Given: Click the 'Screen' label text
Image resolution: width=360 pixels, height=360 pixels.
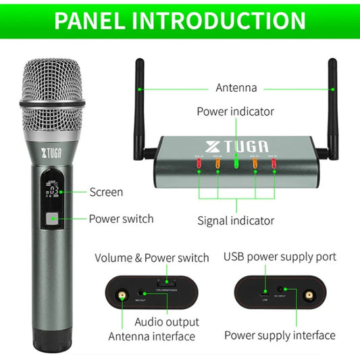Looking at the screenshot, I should click(x=106, y=192).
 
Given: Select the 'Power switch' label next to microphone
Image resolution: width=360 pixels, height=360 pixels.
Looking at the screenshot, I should click(x=121, y=219).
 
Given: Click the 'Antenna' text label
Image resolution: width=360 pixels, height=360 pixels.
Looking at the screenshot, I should click(x=236, y=88).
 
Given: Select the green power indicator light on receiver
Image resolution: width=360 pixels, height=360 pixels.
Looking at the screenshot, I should click(x=236, y=163).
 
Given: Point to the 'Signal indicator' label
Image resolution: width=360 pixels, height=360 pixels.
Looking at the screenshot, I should click(x=235, y=220).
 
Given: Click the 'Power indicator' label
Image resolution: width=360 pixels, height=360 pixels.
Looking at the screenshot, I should click(x=235, y=111).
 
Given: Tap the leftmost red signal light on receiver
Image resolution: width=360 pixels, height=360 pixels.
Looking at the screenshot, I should click(x=199, y=168).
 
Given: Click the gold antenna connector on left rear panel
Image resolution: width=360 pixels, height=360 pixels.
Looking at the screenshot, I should click(x=122, y=296).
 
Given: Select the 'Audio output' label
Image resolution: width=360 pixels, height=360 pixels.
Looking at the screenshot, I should click(x=167, y=322).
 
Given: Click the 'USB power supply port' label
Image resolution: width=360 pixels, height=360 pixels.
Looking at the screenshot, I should click(x=279, y=257).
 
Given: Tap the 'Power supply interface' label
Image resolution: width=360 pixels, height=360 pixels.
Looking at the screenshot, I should click(x=280, y=335).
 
